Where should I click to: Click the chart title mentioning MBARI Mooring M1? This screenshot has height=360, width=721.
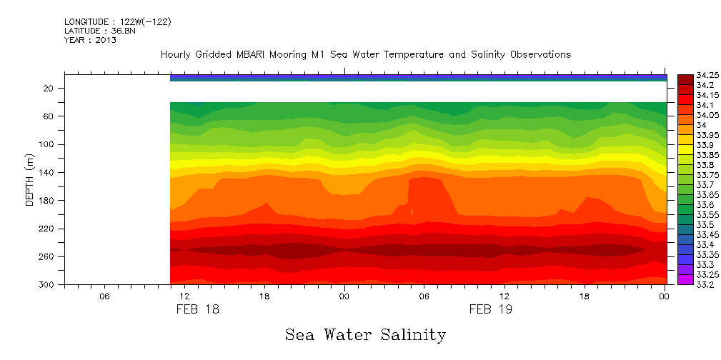[365, 55]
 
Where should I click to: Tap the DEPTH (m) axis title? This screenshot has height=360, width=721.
[29, 179]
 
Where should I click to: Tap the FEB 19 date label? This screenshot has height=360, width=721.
[491, 309]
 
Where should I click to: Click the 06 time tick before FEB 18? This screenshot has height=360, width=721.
[104, 296]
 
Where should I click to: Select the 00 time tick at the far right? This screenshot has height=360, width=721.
[665, 296]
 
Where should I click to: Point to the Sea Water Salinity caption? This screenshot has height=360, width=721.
[365, 335]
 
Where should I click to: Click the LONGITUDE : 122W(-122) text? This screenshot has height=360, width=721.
[117, 22]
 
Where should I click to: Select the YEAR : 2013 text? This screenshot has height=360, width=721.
[90, 40]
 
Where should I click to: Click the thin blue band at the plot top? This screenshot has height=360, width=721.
[418, 77]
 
